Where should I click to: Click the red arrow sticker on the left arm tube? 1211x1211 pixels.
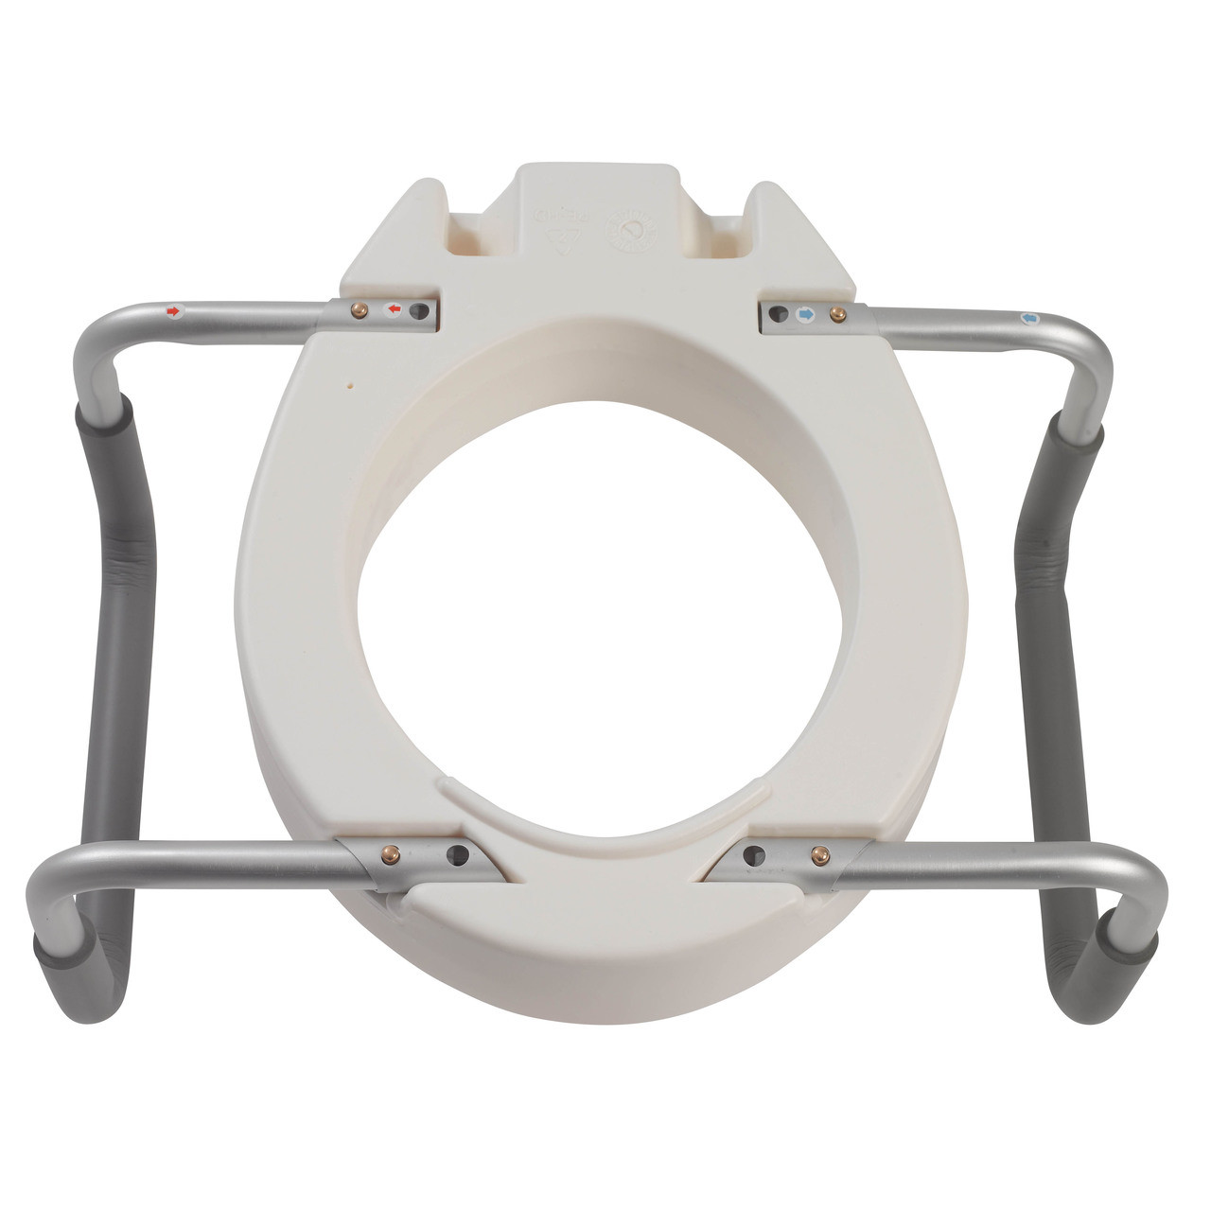click(172, 309)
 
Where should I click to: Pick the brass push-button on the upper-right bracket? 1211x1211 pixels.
click(834, 313)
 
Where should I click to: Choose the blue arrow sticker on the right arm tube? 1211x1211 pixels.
click(1030, 319)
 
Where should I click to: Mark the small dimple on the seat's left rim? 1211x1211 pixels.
click(351, 386)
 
